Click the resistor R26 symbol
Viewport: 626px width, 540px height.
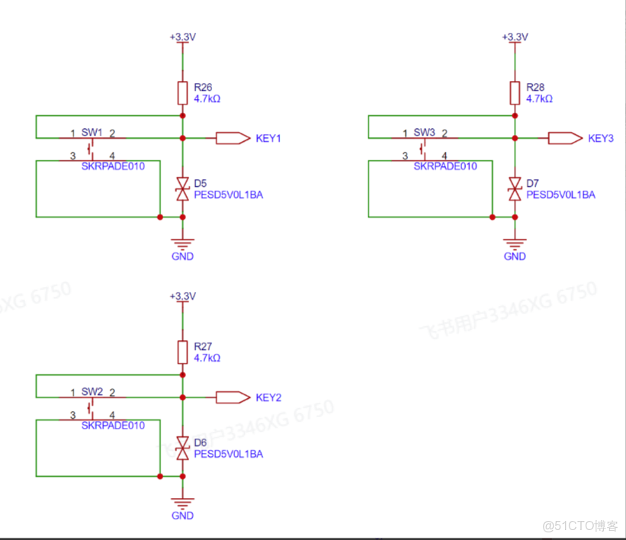182,93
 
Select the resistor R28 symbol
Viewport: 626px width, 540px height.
515,93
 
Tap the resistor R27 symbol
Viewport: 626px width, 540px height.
182,352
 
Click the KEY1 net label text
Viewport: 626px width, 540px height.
268,139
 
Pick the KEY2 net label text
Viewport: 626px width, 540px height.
268,397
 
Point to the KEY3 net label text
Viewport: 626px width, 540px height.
601,139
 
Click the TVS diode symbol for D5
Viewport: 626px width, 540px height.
182,188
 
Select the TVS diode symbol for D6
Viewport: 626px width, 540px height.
182,448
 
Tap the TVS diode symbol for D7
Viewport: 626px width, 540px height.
515,188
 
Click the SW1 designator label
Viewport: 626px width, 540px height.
91,133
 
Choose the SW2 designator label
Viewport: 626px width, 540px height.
91,391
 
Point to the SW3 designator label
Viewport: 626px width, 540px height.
424,133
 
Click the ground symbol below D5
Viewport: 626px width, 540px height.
182,244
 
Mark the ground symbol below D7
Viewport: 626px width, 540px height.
515,244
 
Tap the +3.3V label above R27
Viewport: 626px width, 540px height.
182,296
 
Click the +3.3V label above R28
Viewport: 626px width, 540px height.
515,37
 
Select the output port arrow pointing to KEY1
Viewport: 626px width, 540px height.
233,138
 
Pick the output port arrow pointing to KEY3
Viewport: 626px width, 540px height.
565,138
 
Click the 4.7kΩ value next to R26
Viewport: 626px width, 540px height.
207,98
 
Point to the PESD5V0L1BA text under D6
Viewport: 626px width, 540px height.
229,454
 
